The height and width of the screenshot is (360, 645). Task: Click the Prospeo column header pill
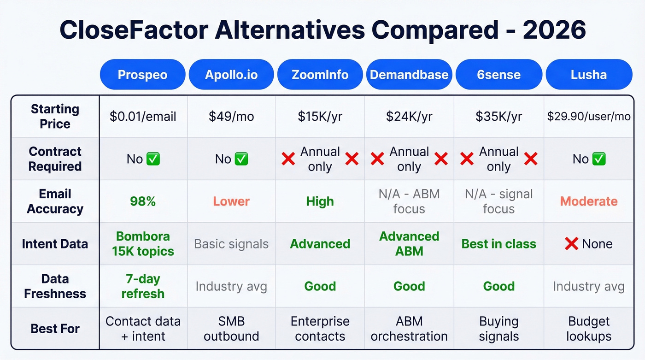[142, 75]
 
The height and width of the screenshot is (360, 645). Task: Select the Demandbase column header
[409, 75]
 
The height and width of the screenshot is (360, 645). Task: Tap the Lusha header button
[589, 75]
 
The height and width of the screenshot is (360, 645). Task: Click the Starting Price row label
[55, 117]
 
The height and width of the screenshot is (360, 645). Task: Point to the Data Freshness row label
[55, 286]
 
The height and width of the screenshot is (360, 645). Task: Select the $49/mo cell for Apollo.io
[231, 117]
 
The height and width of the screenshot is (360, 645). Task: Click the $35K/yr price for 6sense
[498, 117]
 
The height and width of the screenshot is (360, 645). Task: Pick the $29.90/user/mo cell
[589, 117]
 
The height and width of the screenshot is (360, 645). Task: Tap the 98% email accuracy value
[142, 201]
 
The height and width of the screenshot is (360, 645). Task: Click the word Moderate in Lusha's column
[589, 201]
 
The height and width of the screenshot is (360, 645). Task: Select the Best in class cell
[498, 244]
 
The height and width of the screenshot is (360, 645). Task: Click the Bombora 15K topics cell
[142, 244]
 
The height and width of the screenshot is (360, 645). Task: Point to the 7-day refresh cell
[142, 286]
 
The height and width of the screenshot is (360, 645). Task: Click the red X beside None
[571, 244]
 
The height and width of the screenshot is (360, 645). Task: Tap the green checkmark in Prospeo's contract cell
[153, 159]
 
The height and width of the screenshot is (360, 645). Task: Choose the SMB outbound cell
[231, 329]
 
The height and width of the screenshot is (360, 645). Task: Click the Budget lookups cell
[589, 329]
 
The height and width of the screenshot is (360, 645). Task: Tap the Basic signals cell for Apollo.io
[231, 244]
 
